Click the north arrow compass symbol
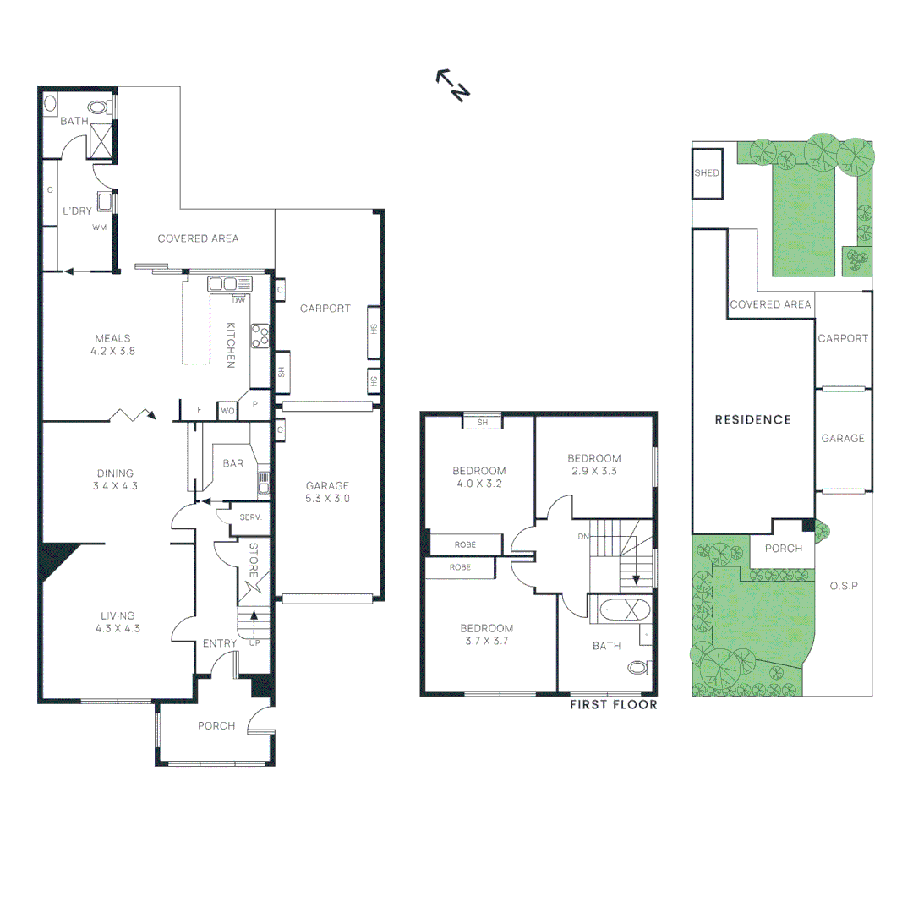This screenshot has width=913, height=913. (452, 85)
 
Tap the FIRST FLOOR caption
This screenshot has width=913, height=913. (613, 704)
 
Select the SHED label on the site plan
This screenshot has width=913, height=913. (707, 173)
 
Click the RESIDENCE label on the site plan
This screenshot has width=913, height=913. (752, 419)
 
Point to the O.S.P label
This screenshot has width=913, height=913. (844, 585)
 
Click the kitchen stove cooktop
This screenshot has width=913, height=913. (260, 336)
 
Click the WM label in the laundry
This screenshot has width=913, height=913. (99, 227)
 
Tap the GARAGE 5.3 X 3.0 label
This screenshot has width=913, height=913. (327, 492)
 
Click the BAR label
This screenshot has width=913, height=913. (233, 463)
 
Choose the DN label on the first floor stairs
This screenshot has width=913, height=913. (582, 536)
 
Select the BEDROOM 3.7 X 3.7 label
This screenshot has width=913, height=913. (486, 635)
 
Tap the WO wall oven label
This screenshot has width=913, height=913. (227, 411)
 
